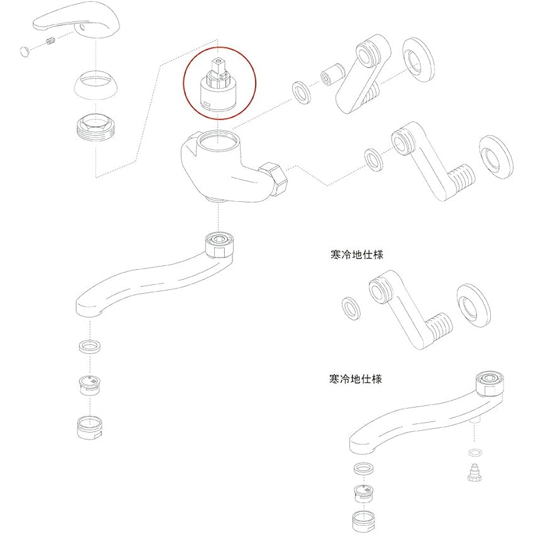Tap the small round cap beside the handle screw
click(25, 52)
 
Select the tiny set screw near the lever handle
click(50, 42)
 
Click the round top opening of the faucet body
click(219, 141)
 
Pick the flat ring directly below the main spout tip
click(90, 347)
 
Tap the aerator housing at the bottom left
click(90, 427)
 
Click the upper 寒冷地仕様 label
click(357, 254)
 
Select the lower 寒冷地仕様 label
click(356, 379)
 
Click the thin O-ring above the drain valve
click(475, 453)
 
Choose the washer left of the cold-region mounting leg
click(351, 309)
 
